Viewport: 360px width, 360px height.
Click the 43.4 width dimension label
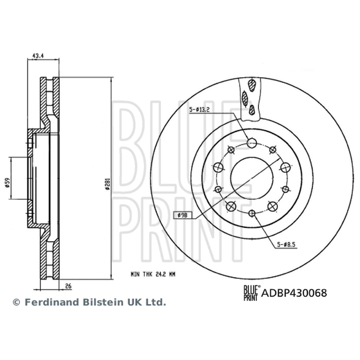click(x=38, y=56)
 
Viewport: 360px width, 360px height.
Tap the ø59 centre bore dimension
click(x=7, y=183)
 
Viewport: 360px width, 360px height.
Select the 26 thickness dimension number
click(x=68, y=286)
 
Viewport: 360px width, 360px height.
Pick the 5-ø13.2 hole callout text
click(x=199, y=110)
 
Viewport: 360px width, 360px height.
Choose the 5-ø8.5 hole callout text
click(x=286, y=245)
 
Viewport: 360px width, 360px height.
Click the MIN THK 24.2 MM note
click(x=153, y=274)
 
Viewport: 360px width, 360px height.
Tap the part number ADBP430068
click(x=294, y=293)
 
